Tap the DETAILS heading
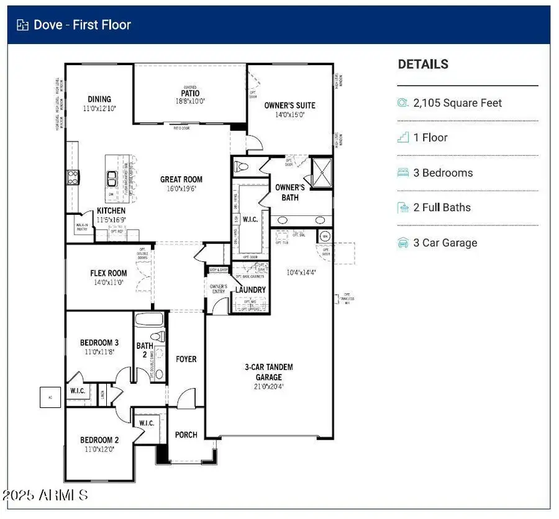[x=423, y=65]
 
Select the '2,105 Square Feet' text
[x=457, y=103]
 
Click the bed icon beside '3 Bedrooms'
[x=403, y=173]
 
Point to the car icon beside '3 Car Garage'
[x=403, y=243]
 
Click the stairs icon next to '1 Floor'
[x=403, y=138]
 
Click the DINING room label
[x=99, y=99]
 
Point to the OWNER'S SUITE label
[x=289, y=106]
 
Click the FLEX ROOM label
[x=108, y=273]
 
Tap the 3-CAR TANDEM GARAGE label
[x=268, y=372]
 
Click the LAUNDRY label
[x=250, y=290]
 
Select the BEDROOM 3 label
[x=99, y=343]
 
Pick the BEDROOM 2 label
[x=99, y=441]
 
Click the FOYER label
[x=186, y=359]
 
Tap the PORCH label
[x=186, y=435]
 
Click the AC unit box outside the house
[x=50, y=397]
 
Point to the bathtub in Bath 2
[x=149, y=321]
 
